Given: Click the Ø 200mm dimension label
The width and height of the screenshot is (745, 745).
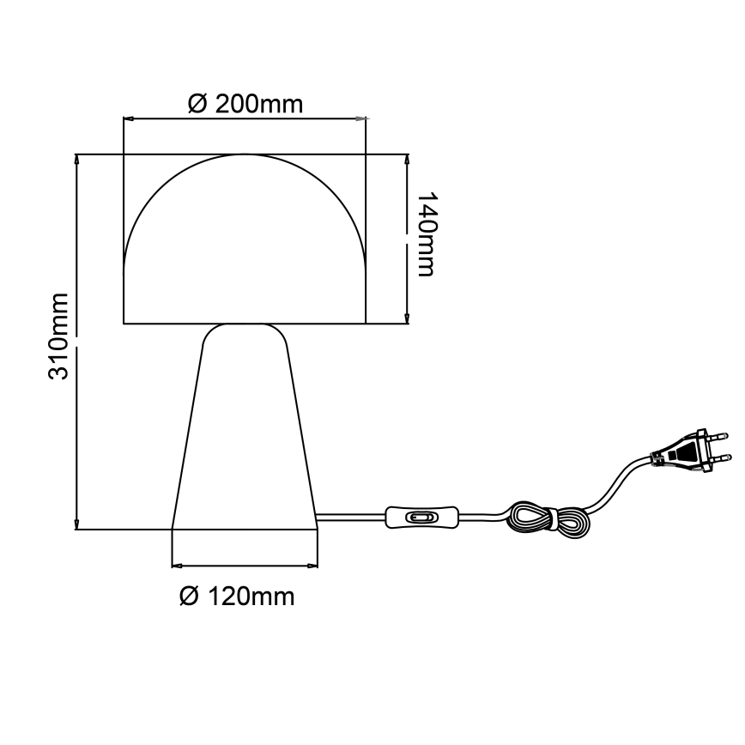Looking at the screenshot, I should coord(245,105).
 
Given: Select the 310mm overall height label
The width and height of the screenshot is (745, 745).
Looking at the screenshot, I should coord(58,336).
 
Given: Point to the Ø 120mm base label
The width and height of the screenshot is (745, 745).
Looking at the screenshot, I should coord(237,597).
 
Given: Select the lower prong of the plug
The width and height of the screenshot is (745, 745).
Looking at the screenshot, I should coord(722,458).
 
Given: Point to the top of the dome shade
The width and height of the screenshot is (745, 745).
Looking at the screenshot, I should coord(245,156).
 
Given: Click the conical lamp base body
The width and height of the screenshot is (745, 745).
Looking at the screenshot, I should coord(245,438).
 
